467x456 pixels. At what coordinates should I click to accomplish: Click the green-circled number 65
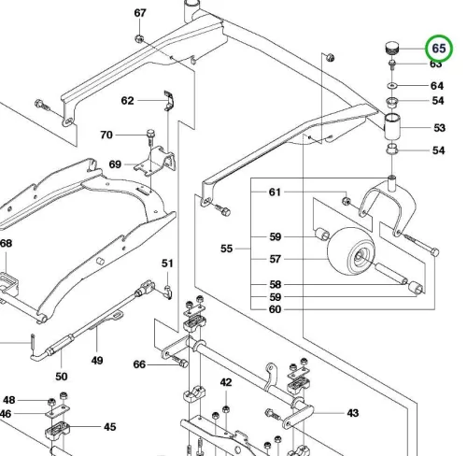[x=439, y=49]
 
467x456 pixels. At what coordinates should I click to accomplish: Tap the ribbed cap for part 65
[x=391, y=49]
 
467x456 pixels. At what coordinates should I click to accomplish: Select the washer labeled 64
[x=392, y=85]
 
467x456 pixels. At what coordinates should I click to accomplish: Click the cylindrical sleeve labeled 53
[x=392, y=127]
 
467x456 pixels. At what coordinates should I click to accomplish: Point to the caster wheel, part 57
[x=351, y=251]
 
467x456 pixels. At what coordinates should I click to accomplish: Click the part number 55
[x=226, y=249]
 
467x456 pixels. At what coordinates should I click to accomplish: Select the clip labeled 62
[x=169, y=100]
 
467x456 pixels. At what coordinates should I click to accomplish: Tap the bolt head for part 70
[x=150, y=133]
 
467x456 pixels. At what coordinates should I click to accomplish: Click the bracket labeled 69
[x=155, y=162]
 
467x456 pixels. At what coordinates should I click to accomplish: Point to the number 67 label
[x=140, y=13]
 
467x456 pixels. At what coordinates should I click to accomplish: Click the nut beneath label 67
[x=139, y=39]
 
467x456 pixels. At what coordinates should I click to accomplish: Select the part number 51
[x=167, y=264]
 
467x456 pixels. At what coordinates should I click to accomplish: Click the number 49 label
[x=97, y=361]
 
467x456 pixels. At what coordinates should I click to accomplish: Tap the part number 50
[x=62, y=377]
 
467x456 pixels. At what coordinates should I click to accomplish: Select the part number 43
[x=353, y=413]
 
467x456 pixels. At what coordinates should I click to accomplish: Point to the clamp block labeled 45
[x=57, y=430]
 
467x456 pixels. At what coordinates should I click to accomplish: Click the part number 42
[x=226, y=382]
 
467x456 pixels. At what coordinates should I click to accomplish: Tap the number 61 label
[x=275, y=192]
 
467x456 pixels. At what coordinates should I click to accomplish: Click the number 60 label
[x=275, y=309]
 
